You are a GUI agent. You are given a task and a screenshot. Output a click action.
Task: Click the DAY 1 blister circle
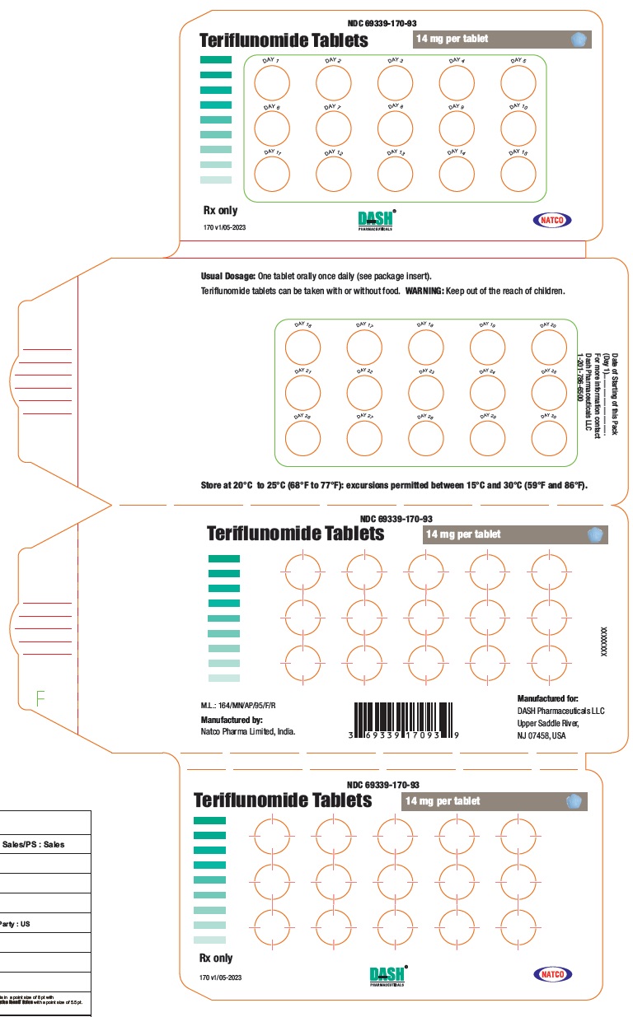pyautogui.click(x=272, y=82)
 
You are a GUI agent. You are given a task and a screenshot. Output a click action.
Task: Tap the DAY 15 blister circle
pyautogui.click(x=518, y=174)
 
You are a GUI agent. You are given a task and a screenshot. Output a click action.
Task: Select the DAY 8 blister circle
pyautogui.click(x=396, y=128)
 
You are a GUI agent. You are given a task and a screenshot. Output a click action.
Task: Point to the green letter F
pyautogui.click(x=40, y=699)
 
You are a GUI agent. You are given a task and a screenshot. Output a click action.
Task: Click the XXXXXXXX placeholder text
pyautogui.click(x=604, y=639)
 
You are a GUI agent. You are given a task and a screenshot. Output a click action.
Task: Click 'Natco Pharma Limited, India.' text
pyautogui.click(x=248, y=731)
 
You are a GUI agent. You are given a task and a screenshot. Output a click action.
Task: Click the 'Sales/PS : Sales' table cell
pyautogui.click(x=34, y=844)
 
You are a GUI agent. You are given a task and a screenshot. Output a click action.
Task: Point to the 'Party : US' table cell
pyautogui.click(x=16, y=924)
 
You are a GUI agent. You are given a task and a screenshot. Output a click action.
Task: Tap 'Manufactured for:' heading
pyautogui.click(x=547, y=697)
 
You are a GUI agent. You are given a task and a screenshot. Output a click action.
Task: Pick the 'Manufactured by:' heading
pyautogui.click(x=232, y=719)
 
